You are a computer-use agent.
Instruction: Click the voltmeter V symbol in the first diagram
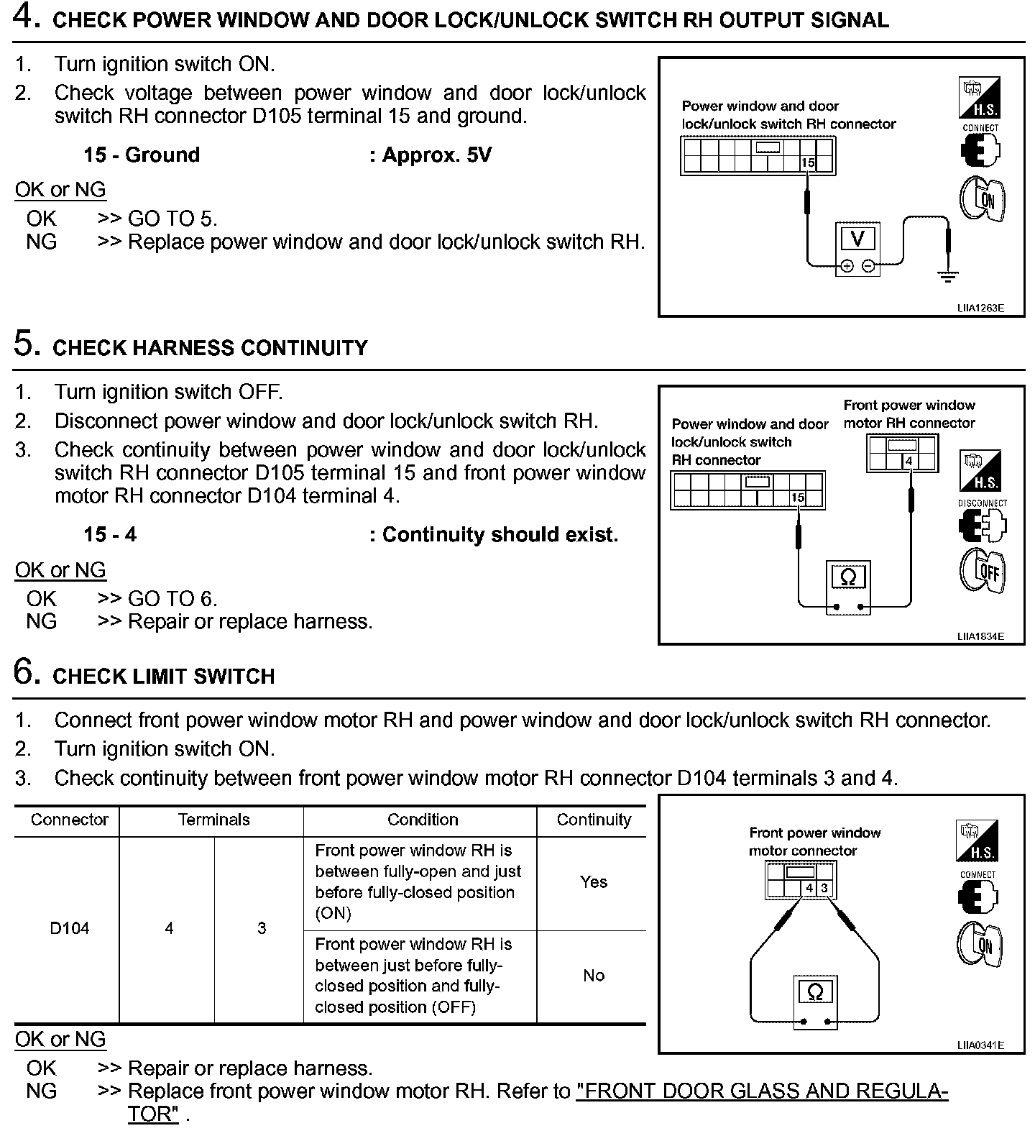coord(857,238)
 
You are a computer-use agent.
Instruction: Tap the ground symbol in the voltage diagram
coord(948,275)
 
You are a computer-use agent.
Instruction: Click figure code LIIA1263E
coord(980,308)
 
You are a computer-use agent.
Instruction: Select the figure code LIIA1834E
coord(980,636)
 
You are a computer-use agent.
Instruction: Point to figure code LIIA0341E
coord(980,1045)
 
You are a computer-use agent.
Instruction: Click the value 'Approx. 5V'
coord(431,155)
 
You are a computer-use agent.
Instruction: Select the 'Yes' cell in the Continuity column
coord(594,882)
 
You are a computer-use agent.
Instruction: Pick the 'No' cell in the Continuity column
coord(594,976)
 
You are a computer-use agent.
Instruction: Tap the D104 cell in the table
coord(70,928)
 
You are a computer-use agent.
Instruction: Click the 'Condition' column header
coord(423,820)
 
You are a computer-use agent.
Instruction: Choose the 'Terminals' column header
coord(213,820)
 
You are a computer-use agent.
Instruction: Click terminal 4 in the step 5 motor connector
coord(909,462)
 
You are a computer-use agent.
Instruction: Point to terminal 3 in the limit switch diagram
coord(824,888)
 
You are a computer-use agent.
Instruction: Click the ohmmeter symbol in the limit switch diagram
coord(815,992)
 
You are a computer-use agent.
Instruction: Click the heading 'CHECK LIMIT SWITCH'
coord(164,677)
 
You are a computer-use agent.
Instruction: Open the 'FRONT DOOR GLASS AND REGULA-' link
coord(762,1091)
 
